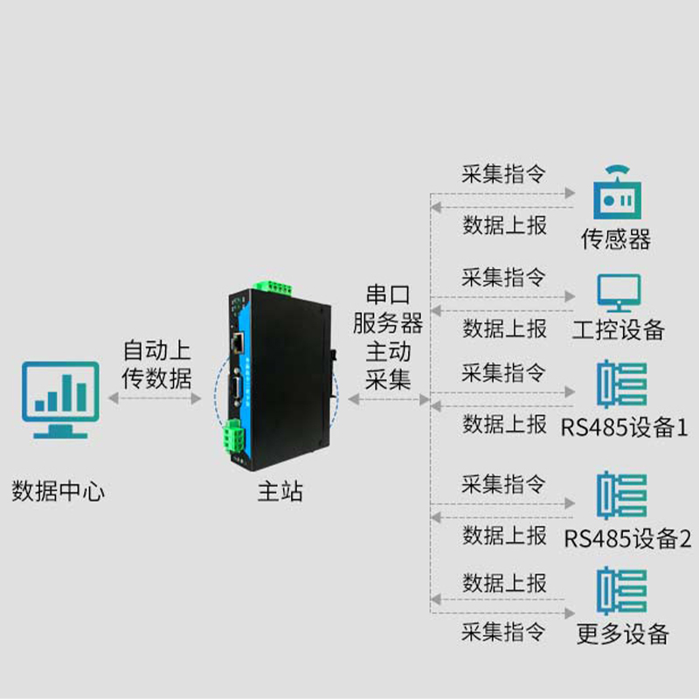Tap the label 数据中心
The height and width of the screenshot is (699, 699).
pos(59,491)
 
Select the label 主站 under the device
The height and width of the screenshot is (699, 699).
pos(280,491)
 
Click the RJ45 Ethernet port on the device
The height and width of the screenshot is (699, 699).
pos(236,342)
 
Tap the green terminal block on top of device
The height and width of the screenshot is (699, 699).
pos(272,287)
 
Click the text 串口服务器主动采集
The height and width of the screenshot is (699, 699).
pos(388,336)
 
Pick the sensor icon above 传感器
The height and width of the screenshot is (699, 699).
pos(617,193)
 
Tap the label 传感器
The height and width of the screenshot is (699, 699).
pos(617,239)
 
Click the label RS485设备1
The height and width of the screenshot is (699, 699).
pos(624,427)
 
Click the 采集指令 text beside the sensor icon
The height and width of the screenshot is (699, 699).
pos(503,174)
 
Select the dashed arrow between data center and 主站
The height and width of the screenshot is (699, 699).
pos(156,398)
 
